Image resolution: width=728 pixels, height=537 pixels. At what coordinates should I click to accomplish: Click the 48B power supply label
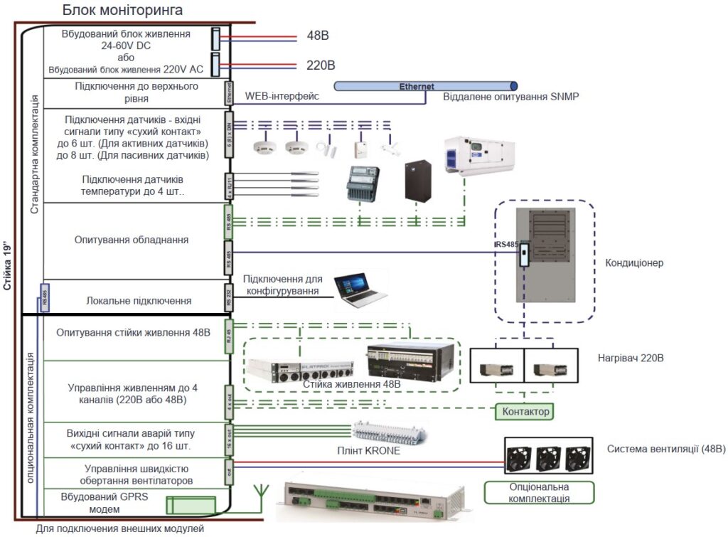[x=318, y=36]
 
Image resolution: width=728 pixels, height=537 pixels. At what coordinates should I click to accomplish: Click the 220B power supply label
[x=321, y=65]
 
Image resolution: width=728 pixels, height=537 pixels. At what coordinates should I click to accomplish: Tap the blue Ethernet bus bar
[x=426, y=86]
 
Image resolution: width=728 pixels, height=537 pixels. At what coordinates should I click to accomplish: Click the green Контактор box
[x=525, y=411]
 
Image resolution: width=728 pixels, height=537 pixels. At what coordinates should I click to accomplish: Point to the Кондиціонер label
[x=634, y=263]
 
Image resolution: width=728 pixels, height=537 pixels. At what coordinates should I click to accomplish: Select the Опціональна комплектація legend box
[x=538, y=492]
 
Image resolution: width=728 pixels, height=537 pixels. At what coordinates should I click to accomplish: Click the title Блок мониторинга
[x=122, y=10]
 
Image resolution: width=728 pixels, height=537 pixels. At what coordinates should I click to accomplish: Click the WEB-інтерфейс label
[x=282, y=96]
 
